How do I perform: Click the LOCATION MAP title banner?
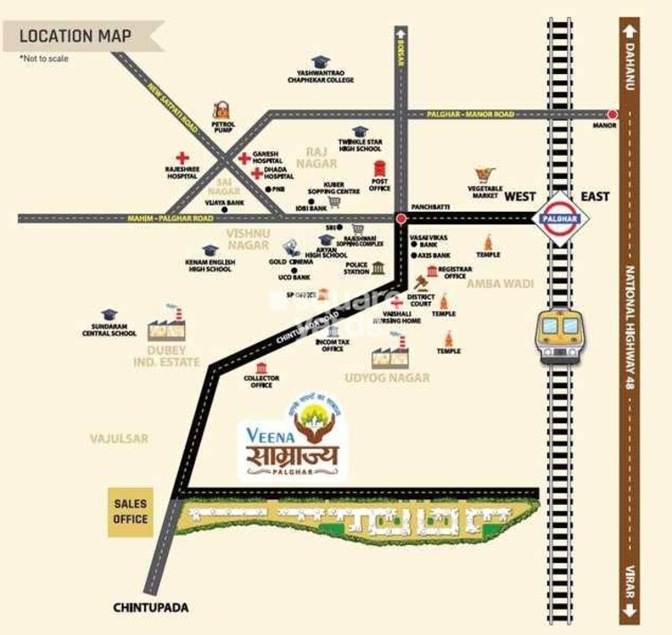[x=76, y=37]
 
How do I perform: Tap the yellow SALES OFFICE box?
[x=130, y=512]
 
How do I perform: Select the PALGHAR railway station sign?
[x=560, y=218]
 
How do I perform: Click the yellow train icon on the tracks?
[x=560, y=335]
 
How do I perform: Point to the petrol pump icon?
[x=221, y=112]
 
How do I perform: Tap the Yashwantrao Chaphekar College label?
[x=320, y=77]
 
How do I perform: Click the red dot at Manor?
[x=612, y=115]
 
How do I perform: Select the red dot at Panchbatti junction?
[x=401, y=217]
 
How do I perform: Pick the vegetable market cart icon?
[x=484, y=175]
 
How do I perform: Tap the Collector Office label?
[x=261, y=382]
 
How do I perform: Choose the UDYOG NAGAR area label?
[x=387, y=378]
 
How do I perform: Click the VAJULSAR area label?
[x=118, y=438]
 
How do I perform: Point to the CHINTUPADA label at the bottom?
[x=151, y=607]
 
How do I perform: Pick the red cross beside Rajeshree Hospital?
[x=182, y=158]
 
